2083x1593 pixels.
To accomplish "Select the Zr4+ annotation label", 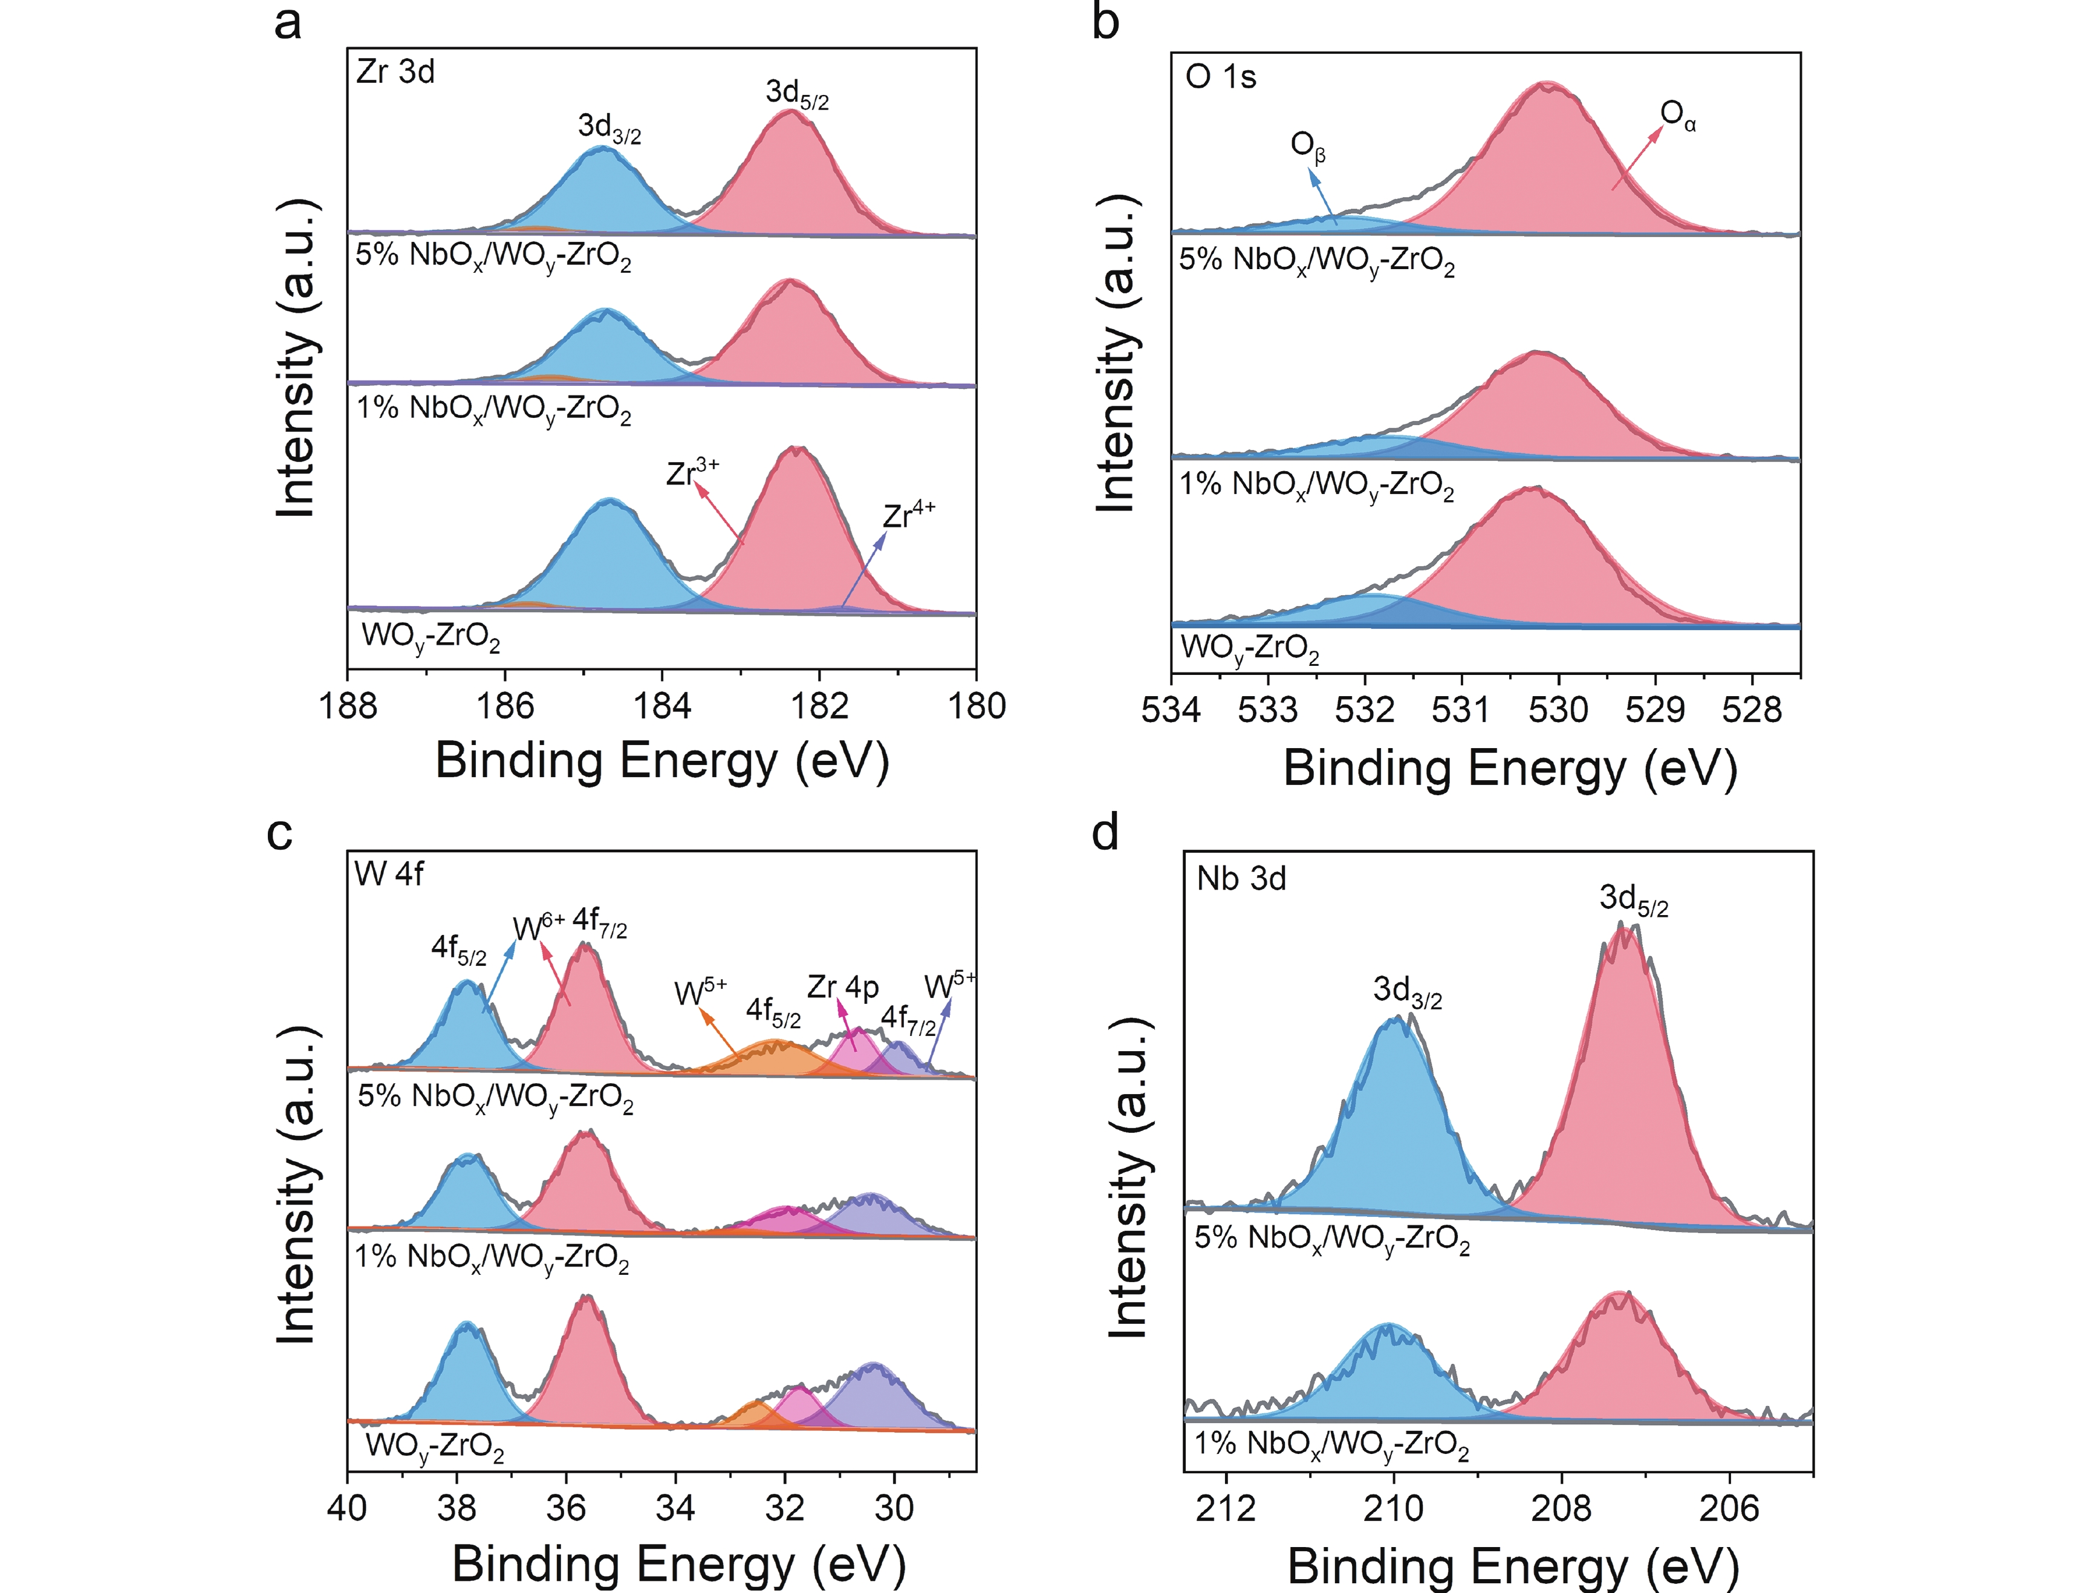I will tap(908, 515).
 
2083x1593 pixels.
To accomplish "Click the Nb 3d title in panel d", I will tap(1241, 879).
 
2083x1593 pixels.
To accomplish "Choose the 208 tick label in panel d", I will tap(1562, 1508).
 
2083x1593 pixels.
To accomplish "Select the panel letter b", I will tap(1105, 21).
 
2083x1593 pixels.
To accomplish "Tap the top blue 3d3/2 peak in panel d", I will tap(1394, 1119).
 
